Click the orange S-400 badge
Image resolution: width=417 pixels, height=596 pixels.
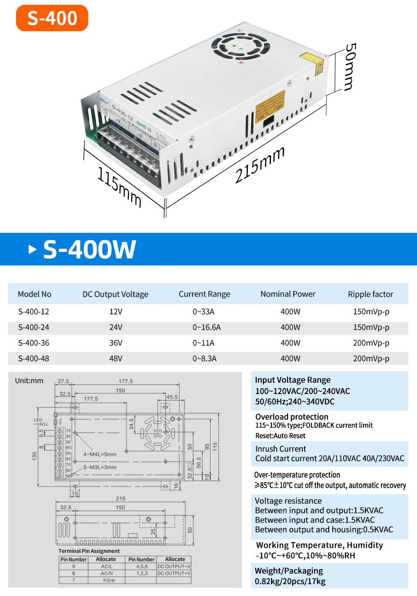click(x=52, y=18)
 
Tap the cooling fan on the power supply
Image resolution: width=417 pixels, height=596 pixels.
click(x=240, y=46)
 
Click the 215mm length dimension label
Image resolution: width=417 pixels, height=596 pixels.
click(x=260, y=165)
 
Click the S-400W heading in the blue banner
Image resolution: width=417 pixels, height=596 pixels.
click(x=89, y=249)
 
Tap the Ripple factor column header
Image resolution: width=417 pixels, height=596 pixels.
click(x=371, y=294)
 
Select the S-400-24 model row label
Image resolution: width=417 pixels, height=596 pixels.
click(x=34, y=327)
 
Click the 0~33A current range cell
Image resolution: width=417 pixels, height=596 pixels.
click(x=204, y=311)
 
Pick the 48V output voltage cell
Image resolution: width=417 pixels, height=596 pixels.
click(x=116, y=358)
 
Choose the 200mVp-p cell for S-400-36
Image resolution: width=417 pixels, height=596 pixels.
click(x=371, y=343)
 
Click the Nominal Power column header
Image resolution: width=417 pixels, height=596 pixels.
click(x=288, y=294)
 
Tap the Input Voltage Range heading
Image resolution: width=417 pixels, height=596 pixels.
click(x=293, y=380)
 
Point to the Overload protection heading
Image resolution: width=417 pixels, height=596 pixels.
click(x=292, y=417)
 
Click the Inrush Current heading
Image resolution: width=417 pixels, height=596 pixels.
click(x=281, y=449)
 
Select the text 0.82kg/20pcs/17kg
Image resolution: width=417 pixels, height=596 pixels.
click(x=290, y=581)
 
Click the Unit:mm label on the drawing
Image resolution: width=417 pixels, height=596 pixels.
click(x=29, y=381)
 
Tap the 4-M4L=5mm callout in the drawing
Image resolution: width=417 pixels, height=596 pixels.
click(x=100, y=454)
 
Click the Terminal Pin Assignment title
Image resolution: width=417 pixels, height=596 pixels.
click(x=89, y=551)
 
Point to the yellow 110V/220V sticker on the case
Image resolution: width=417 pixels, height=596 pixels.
click(x=270, y=106)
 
